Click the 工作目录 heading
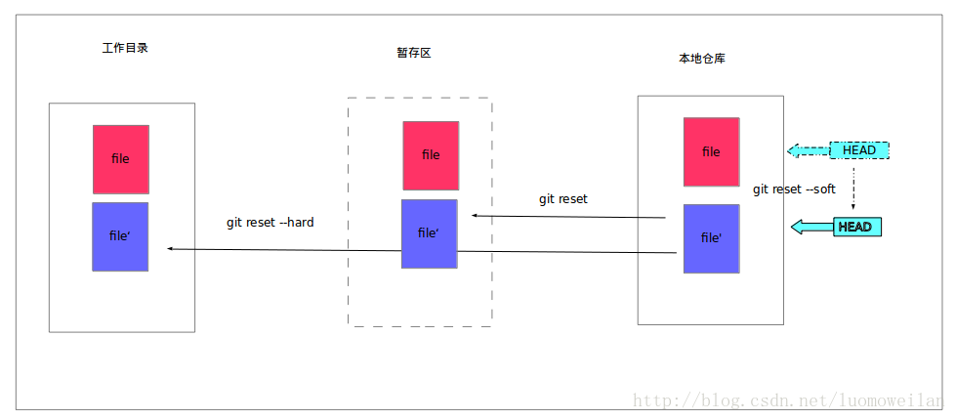[125, 48]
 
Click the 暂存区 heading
[414, 53]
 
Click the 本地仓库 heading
[702, 59]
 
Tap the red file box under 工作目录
[121, 158]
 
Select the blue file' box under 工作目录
[120, 236]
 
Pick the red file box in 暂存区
[431, 155]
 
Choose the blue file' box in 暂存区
[430, 233]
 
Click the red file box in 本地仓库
[711, 151]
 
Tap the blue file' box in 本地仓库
[711, 238]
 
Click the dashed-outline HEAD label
[859, 150]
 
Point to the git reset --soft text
[794, 189]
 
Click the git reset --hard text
[270, 223]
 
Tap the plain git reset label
[563, 199]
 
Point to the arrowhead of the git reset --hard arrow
[171, 249]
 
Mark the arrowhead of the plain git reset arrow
[475, 215]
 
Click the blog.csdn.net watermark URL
[791, 400]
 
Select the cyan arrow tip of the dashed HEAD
[794, 150]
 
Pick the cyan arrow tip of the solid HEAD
[797, 228]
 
